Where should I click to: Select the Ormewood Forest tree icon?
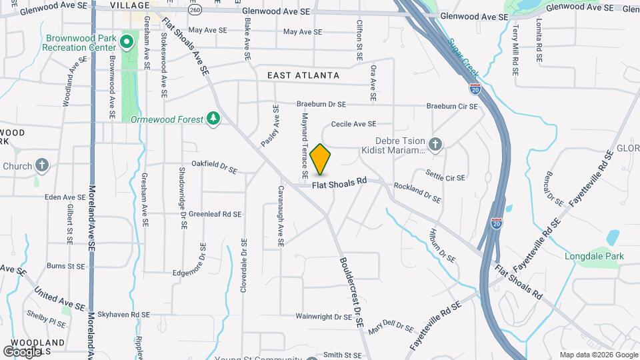point(213,118)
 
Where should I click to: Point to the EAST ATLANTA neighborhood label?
point(303,76)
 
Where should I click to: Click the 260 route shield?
point(194,11)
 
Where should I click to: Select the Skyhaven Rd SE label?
point(123,314)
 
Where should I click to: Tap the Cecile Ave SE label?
point(353,123)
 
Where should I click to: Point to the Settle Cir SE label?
point(445,178)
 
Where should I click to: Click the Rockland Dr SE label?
point(417,193)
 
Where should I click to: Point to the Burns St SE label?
point(66,265)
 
